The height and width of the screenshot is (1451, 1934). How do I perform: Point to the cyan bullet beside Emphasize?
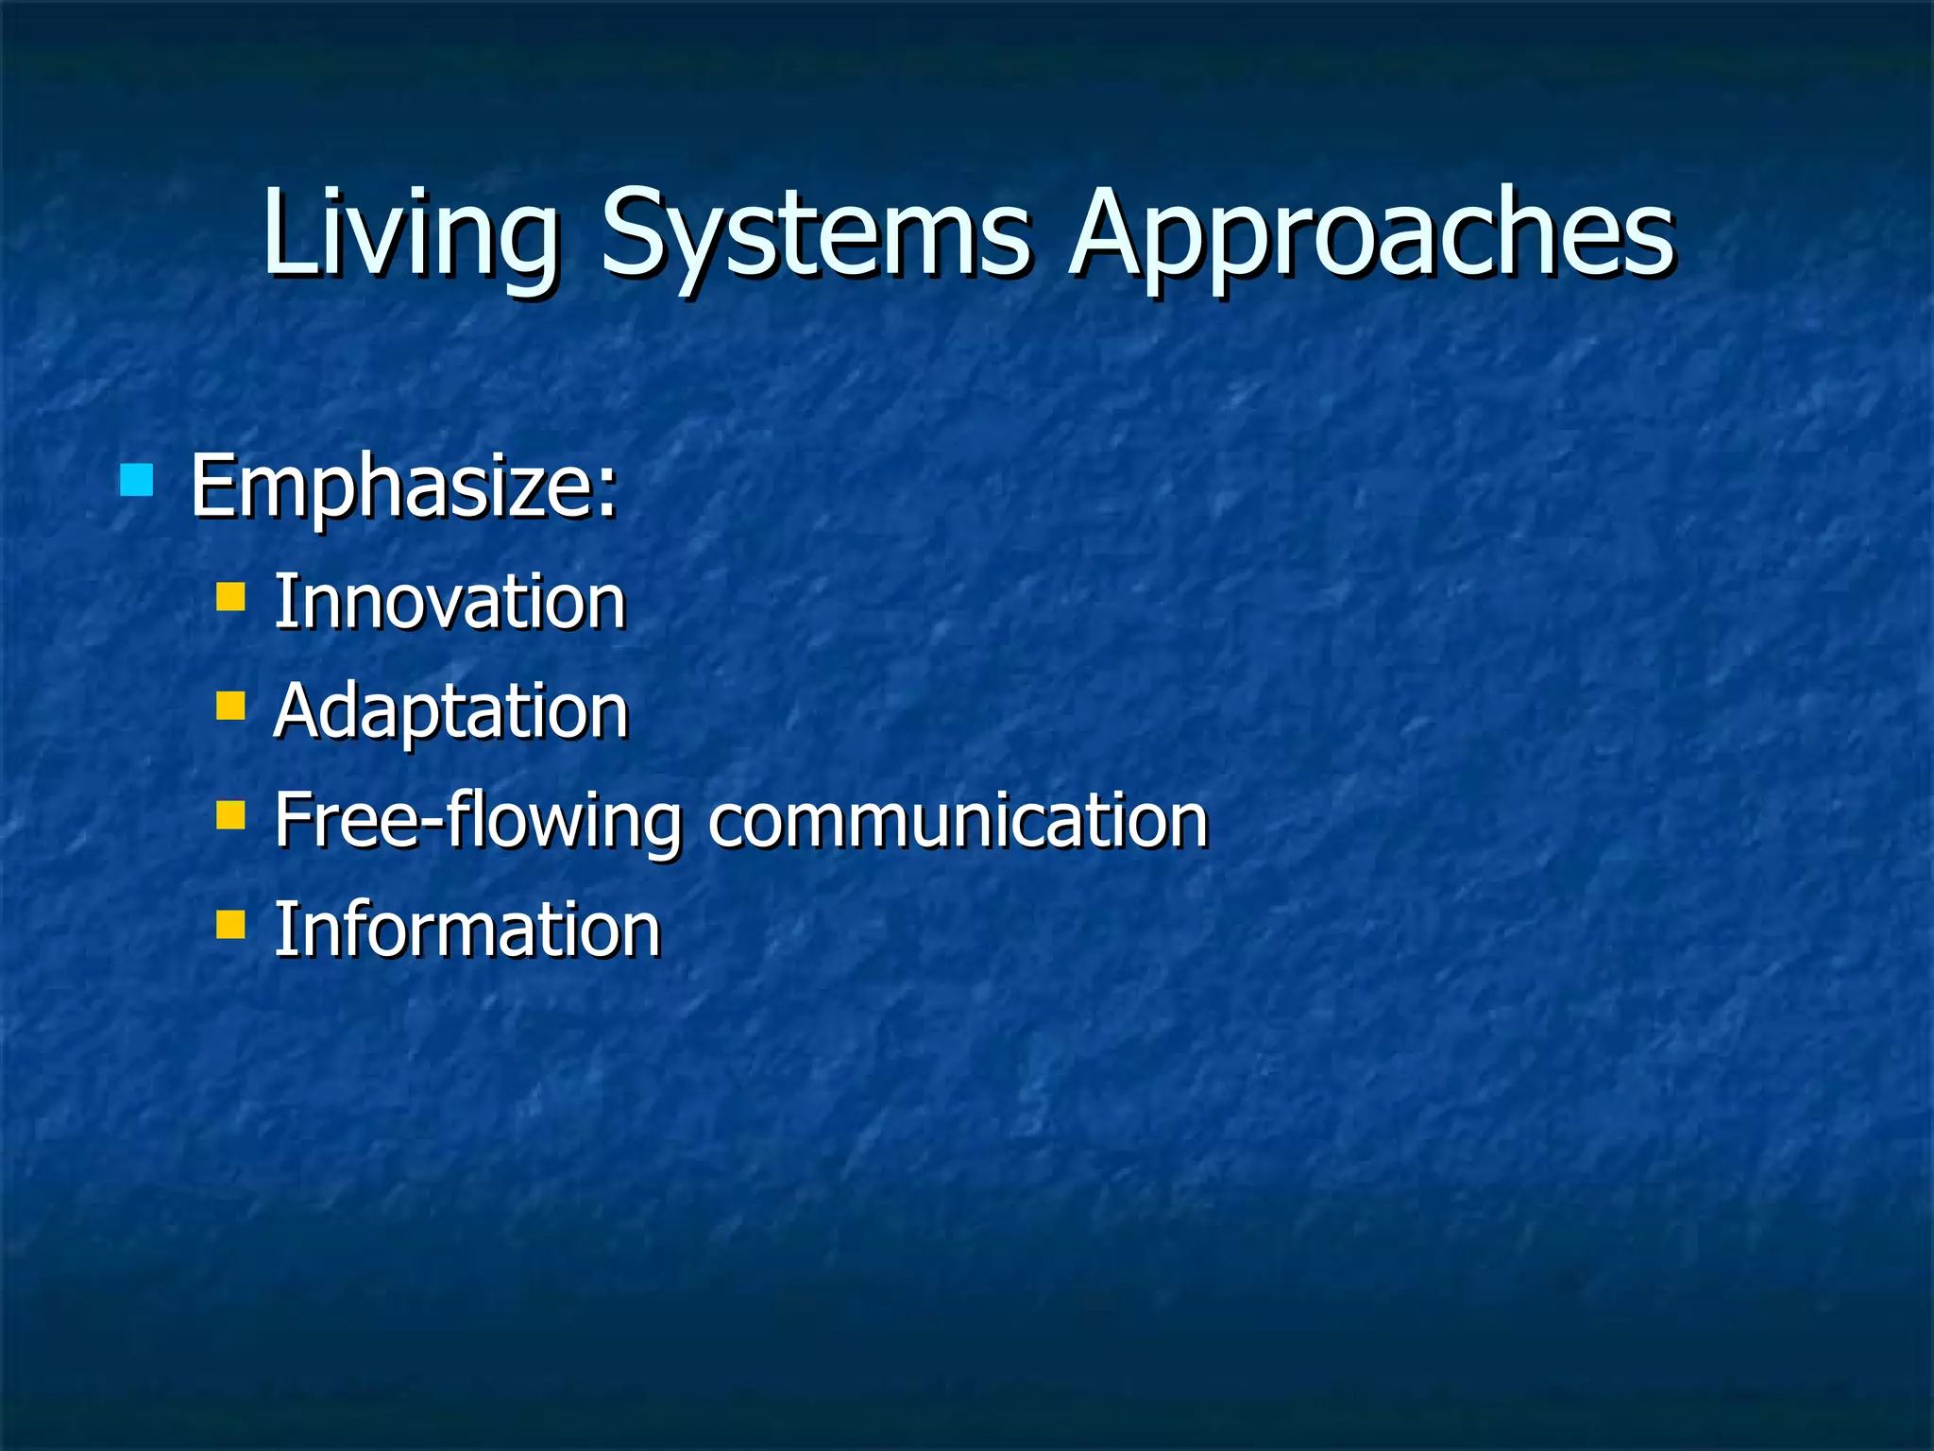point(137,480)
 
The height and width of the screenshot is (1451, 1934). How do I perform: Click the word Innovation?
point(450,602)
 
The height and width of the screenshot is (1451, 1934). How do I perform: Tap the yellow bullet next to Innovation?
point(230,597)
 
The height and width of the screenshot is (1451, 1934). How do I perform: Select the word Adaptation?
point(450,710)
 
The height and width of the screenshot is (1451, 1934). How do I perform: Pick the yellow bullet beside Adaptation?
point(230,706)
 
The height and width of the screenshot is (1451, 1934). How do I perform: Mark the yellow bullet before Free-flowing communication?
point(230,814)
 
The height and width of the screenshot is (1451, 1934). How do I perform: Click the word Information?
point(467,930)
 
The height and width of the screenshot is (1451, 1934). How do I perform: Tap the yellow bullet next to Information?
point(230,924)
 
